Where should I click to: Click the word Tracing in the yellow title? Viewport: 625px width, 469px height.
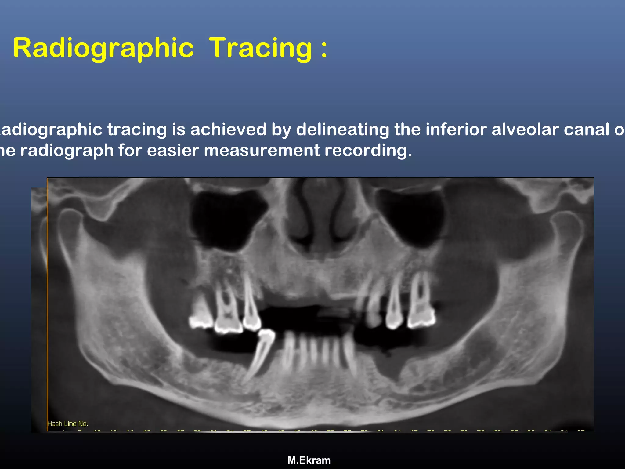click(261, 48)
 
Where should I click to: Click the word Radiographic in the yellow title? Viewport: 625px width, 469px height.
click(103, 48)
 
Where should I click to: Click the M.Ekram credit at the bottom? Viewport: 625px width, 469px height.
click(309, 460)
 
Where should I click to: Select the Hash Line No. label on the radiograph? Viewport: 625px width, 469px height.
click(68, 424)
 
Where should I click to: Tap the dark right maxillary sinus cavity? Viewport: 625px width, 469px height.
click(410, 217)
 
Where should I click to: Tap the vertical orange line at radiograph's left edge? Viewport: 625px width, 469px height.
click(47, 305)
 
